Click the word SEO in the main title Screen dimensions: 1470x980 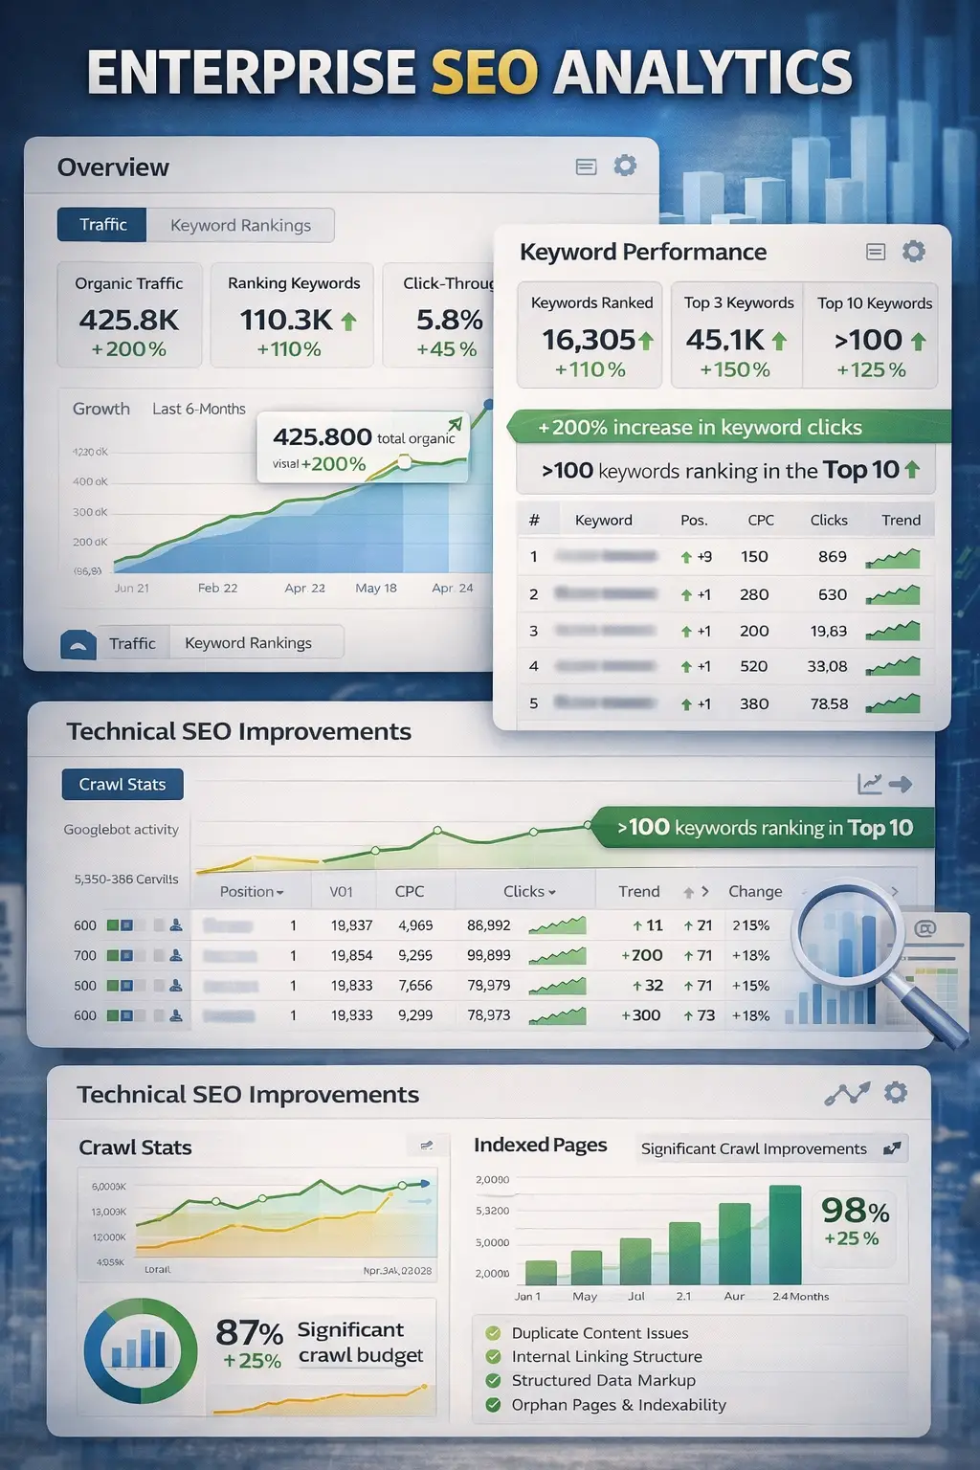[x=484, y=73]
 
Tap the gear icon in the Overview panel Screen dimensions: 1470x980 [x=625, y=166]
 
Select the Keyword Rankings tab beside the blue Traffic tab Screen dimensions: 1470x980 [x=240, y=225]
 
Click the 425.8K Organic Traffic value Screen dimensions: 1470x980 [x=128, y=320]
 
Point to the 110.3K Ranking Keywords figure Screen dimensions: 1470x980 [x=286, y=320]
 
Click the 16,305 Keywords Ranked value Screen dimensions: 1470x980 [x=589, y=340]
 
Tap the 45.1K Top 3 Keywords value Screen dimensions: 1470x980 [x=724, y=340]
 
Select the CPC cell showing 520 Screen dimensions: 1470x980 [x=753, y=666]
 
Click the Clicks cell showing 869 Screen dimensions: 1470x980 [x=832, y=556]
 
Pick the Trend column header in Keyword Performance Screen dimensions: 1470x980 [x=901, y=520]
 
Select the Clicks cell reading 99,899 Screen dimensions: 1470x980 [x=488, y=955]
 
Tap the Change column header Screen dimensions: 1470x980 [x=755, y=891]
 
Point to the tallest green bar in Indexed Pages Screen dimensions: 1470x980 [x=785, y=1235]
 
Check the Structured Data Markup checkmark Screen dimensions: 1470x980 [x=494, y=1380]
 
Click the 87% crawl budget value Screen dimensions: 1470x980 [x=249, y=1332]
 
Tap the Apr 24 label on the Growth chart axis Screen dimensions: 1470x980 [x=452, y=588]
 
